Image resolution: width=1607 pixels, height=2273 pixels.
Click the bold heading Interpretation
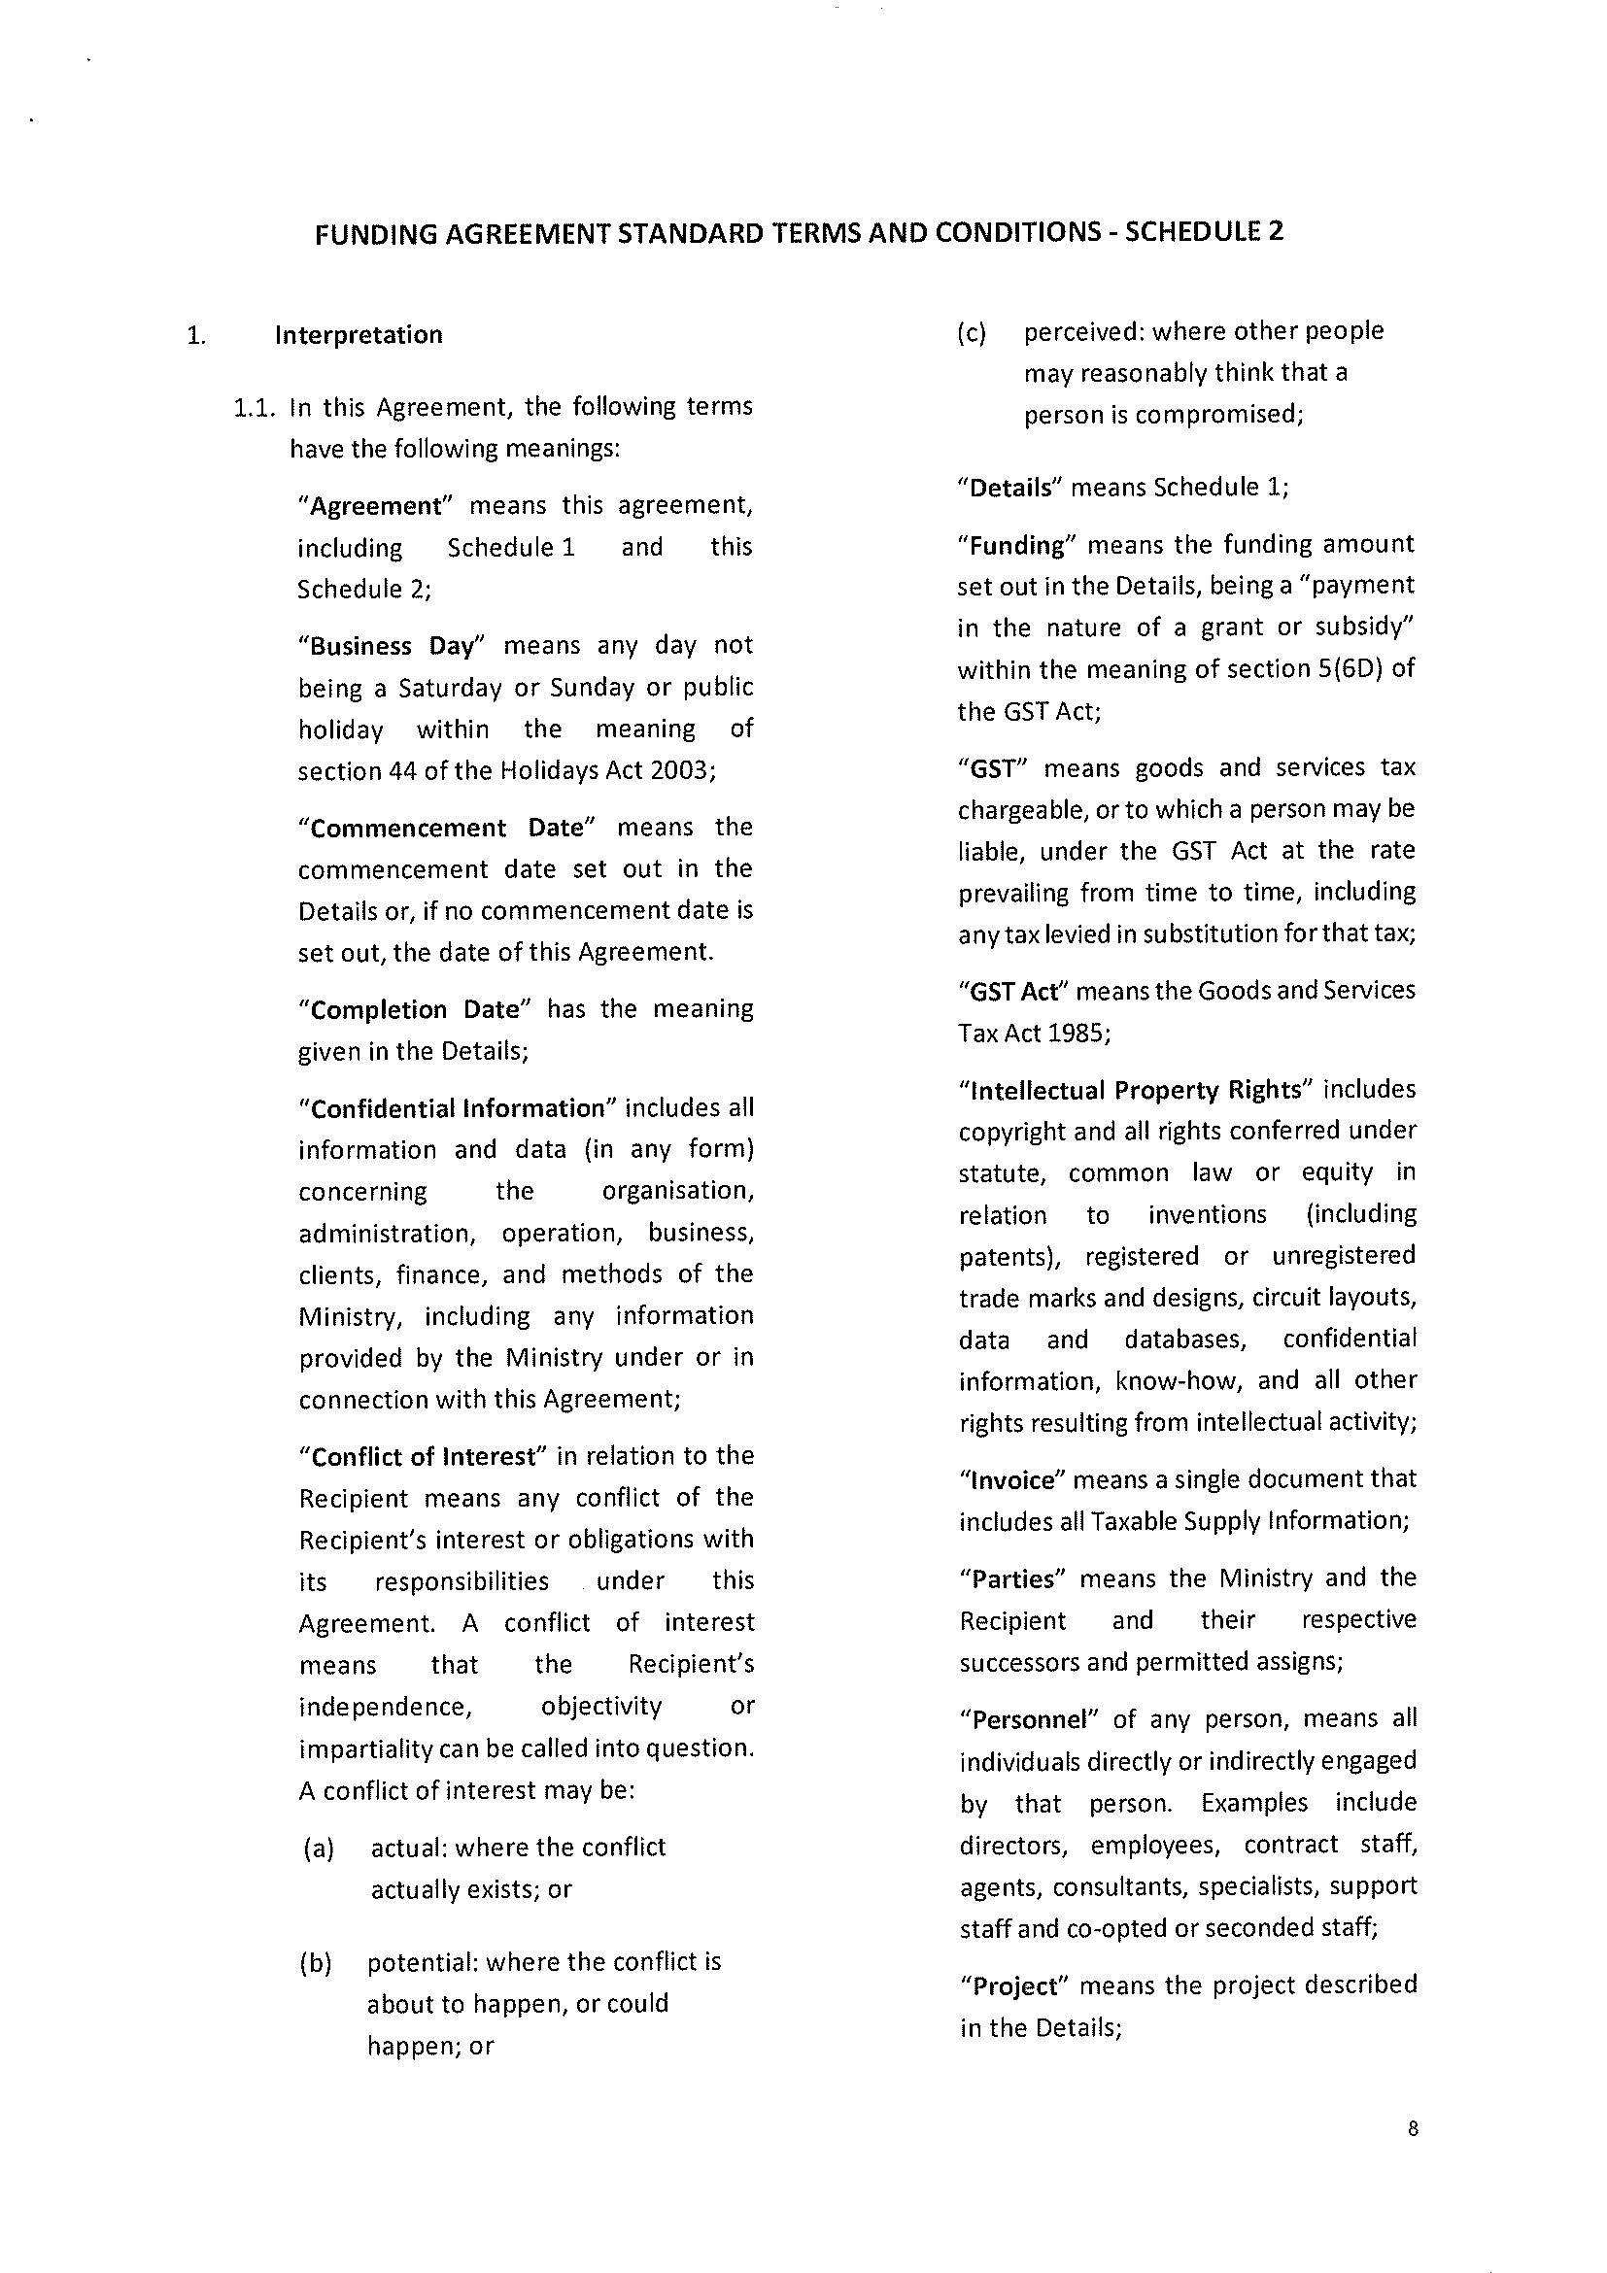(x=359, y=334)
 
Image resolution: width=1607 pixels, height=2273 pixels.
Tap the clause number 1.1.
(x=256, y=407)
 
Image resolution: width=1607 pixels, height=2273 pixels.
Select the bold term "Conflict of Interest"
(x=423, y=1456)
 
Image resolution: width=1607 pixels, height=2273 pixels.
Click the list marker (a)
(x=319, y=1848)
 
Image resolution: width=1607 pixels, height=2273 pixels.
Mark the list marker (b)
(x=316, y=1962)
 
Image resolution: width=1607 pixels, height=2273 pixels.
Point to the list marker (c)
(x=972, y=332)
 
